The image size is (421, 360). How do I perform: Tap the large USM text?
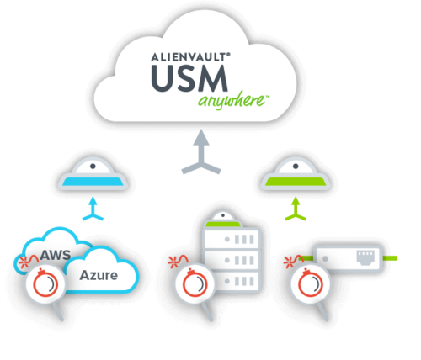189,78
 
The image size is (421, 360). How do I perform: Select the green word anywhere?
232,100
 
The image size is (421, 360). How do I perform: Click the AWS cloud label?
56,255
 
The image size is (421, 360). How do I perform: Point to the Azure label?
99,275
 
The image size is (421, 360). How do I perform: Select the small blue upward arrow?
93,209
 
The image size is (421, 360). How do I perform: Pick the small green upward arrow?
296,209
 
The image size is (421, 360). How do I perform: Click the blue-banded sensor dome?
93,174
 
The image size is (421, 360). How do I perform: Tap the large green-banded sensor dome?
296,174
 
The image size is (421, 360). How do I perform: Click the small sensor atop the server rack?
223,220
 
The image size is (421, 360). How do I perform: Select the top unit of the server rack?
231,239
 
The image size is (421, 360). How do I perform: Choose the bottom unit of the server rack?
231,281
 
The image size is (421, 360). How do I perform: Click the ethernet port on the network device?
365,257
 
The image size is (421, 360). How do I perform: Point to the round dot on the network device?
325,258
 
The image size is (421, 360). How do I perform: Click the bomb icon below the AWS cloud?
45,283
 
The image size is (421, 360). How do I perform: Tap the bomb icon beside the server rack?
195,283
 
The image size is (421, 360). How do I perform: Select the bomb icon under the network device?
310,283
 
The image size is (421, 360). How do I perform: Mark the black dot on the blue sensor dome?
93,167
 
